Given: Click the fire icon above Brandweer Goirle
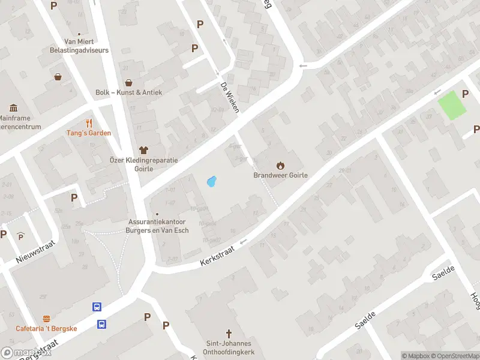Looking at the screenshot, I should tap(280, 165).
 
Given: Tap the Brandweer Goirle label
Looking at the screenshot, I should tap(280, 176).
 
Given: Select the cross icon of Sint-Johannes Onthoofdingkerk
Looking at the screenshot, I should tap(229, 334).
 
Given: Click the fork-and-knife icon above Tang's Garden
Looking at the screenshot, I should tap(89, 122).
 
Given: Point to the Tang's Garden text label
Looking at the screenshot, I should tap(88, 133).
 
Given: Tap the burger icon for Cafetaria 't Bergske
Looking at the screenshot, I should tap(46, 318).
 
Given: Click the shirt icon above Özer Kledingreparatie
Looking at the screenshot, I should tap(143, 150).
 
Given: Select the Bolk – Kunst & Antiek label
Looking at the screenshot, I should tap(128, 92).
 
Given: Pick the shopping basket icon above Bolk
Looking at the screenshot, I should tap(128, 83).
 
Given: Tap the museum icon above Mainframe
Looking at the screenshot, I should tap(13, 108).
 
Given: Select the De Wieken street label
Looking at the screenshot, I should tap(230, 97).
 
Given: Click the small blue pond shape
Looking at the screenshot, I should tap(211, 181).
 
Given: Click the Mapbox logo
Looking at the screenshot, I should tap(25, 353).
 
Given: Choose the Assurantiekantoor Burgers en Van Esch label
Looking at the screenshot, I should tap(158, 226).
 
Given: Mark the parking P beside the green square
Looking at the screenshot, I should tap(465, 94).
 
